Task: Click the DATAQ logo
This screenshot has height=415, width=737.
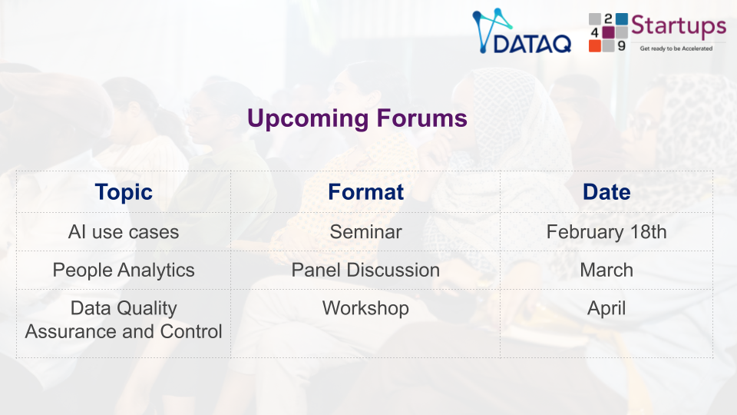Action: click(x=522, y=31)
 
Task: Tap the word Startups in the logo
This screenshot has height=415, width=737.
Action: click(x=678, y=27)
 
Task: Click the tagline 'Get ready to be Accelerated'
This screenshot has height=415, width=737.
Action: click(x=676, y=48)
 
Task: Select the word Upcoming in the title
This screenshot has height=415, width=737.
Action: click(x=308, y=118)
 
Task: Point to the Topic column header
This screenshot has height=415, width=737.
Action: click(x=124, y=192)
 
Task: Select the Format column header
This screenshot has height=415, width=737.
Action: click(x=365, y=192)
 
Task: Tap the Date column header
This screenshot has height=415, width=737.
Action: click(x=606, y=192)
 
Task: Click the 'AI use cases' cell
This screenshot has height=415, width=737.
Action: click(x=124, y=232)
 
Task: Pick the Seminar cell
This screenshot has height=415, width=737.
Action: click(x=365, y=232)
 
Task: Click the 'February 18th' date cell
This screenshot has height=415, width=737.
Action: click(x=606, y=232)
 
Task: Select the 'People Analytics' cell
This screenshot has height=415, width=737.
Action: click(x=124, y=271)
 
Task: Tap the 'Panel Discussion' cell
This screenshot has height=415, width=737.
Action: click(x=365, y=270)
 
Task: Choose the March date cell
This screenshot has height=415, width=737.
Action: click(x=606, y=270)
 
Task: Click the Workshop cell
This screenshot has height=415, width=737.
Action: click(x=365, y=309)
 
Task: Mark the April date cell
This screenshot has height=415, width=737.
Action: click(x=606, y=309)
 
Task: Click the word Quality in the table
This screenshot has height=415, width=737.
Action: click(x=147, y=309)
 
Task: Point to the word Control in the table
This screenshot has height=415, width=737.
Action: click(x=191, y=332)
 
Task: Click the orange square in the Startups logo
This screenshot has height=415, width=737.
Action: click(x=594, y=45)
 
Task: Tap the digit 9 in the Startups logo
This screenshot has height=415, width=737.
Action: click(x=621, y=45)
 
